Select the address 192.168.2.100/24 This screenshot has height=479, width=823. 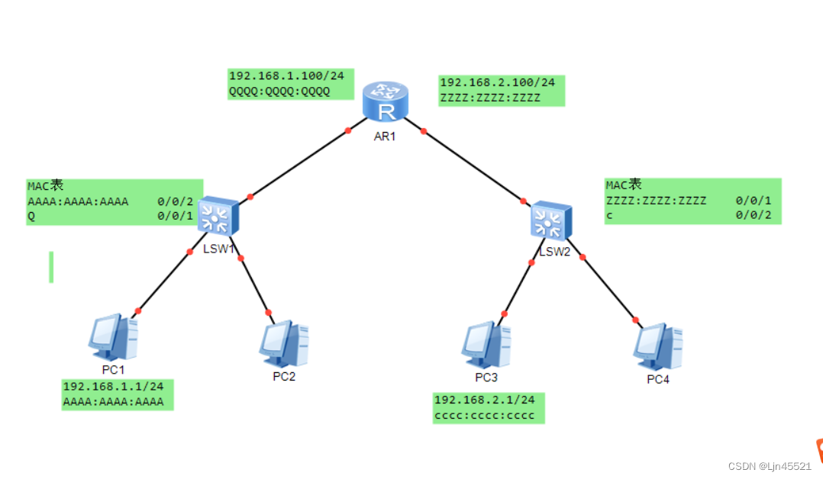coord(497,82)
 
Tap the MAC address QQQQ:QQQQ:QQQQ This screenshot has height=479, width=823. coord(279,92)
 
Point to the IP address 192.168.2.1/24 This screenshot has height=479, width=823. coord(484,400)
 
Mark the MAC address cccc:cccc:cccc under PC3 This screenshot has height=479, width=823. coord(484,415)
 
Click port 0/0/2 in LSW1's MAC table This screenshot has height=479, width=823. coord(176,201)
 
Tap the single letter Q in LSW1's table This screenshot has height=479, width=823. coord(31,216)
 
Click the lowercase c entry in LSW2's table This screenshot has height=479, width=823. coord(609,216)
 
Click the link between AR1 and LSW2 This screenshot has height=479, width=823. coord(473,166)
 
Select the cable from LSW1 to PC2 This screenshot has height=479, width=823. coord(254,284)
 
